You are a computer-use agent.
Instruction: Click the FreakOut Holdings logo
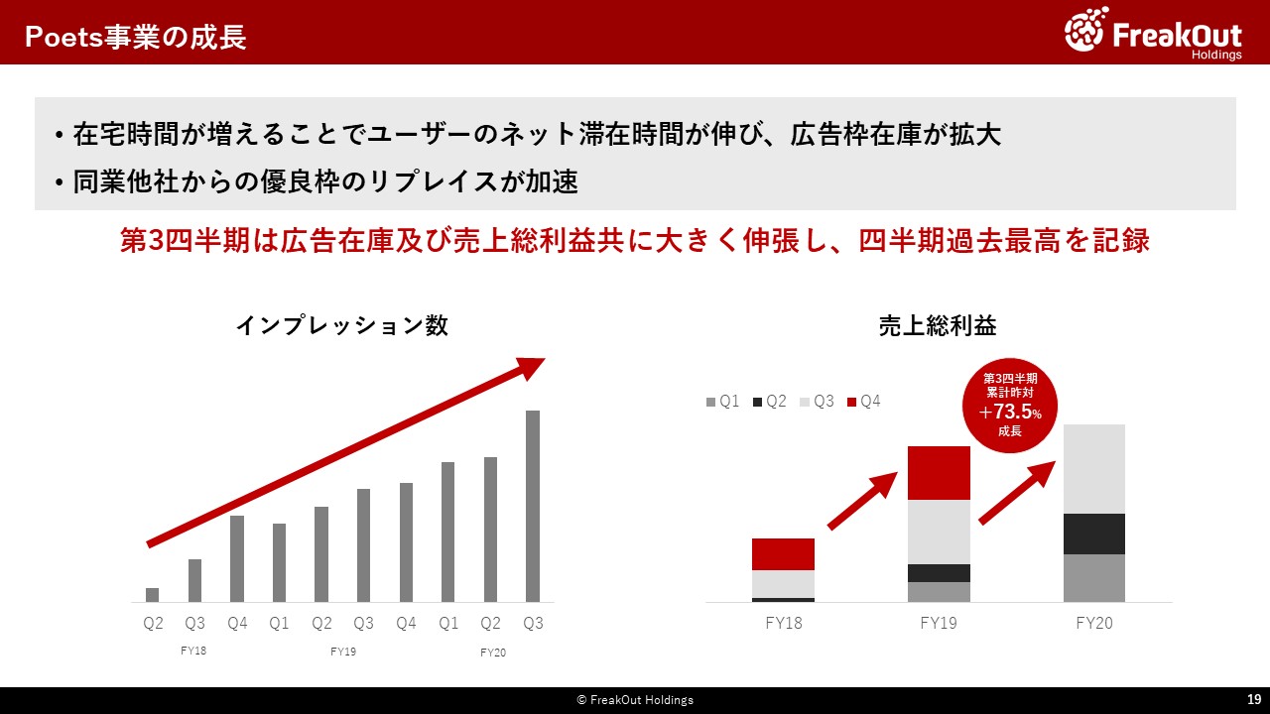coord(1153,33)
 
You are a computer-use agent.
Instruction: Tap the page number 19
coord(1254,699)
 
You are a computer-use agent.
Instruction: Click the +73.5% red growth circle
coord(1010,406)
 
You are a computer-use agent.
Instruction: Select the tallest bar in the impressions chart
coord(533,506)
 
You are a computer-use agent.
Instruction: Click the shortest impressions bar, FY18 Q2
coord(153,595)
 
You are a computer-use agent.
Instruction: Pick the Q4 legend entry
coord(863,402)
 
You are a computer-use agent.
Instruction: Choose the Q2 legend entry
coord(769,402)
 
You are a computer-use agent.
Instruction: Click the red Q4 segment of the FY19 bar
coord(939,473)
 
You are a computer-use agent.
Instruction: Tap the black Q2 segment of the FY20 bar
coord(1094,534)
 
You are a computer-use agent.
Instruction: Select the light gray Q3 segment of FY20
coord(1094,469)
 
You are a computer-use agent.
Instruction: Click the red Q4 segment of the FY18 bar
coord(784,554)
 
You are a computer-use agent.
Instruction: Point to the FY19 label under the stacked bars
coord(939,624)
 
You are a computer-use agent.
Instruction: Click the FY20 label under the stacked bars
coord(1094,624)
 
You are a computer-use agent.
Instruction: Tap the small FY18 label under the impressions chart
coord(193,651)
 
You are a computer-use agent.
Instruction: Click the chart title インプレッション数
coord(342,326)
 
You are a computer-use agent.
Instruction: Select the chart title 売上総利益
coord(938,326)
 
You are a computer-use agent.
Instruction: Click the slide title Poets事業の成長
coord(136,37)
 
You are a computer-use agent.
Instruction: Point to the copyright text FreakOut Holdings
coord(635,700)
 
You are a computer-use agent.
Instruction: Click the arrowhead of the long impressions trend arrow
coord(533,367)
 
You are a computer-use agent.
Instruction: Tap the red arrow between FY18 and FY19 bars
coord(862,501)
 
